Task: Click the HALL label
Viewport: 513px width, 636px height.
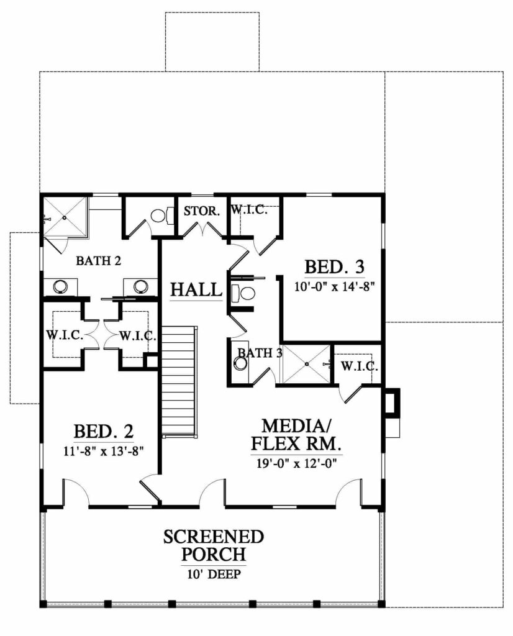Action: (x=196, y=289)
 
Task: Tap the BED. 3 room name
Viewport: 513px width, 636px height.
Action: (x=334, y=267)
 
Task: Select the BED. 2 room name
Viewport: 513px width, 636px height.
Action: (x=104, y=432)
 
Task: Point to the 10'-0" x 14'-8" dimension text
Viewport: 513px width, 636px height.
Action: (x=334, y=287)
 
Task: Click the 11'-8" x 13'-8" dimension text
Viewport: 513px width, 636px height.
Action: (x=104, y=451)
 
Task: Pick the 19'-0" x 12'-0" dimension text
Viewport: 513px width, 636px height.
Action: (x=297, y=463)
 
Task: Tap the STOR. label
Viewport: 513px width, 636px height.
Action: (x=202, y=211)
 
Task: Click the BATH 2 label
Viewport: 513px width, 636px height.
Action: (x=99, y=261)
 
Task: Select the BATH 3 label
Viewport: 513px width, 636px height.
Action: (x=260, y=353)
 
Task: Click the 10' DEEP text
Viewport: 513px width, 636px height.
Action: (x=214, y=574)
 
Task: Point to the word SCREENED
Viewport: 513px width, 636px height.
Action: (x=214, y=537)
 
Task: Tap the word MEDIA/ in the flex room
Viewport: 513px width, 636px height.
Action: (x=297, y=426)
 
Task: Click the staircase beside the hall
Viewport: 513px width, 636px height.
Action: (x=180, y=381)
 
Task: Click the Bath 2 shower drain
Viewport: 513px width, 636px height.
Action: (x=64, y=217)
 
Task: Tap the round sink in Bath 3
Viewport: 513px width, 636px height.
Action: (x=240, y=363)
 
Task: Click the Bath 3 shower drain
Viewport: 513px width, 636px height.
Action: (x=307, y=364)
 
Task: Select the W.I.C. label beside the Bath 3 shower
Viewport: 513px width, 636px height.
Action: (x=360, y=366)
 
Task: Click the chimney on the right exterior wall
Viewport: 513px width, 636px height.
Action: (x=391, y=401)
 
